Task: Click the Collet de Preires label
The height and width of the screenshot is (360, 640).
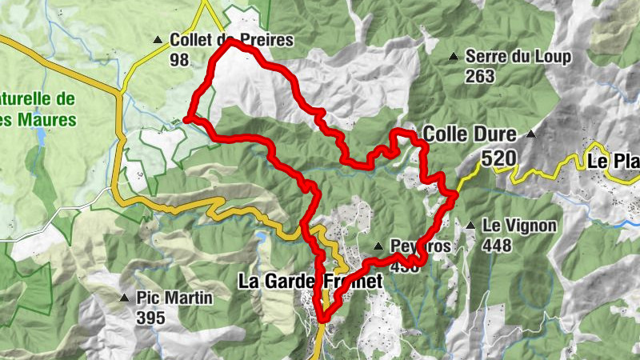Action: click(x=231, y=40)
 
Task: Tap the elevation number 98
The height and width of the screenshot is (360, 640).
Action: click(x=179, y=59)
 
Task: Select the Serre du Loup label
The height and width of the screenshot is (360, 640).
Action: click(x=518, y=57)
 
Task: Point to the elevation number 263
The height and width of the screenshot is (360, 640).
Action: click(x=480, y=77)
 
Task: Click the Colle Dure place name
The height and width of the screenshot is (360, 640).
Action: click(x=470, y=134)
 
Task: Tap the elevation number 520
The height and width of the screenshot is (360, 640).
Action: click(x=498, y=158)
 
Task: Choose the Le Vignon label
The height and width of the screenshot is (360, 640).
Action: click(x=519, y=226)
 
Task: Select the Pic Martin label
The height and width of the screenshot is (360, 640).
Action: click(x=174, y=298)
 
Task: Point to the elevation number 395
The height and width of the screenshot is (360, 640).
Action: click(x=150, y=318)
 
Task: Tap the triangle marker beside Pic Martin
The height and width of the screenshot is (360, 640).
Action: click(x=124, y=298)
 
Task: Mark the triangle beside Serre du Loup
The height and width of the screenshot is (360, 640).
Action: click(x=454, y=57)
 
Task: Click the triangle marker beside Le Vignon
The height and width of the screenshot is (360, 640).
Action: click(x=471, y=226)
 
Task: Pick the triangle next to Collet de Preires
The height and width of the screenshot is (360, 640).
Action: click(x=158, y=39)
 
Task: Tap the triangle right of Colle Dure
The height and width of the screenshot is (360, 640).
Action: click(x=530, y=134)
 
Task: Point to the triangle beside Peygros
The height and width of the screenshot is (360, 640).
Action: click(x=378, y=246)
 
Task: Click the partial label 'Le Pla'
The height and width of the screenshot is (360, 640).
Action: click(x=614, y=161)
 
